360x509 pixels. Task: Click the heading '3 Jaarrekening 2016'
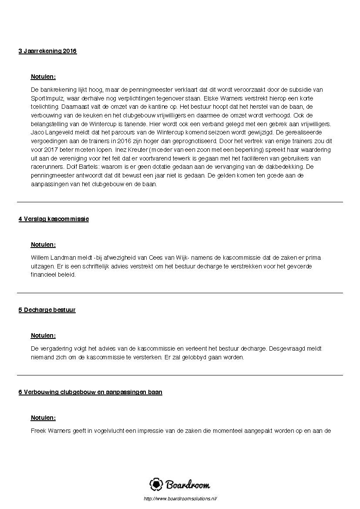pos(47,51)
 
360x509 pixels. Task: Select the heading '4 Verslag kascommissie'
pos(54,219)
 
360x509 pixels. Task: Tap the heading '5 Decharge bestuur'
pos(47,310)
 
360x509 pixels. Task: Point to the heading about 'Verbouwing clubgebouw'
pos(90,392)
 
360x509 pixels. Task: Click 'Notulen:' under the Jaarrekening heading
pos(43,77)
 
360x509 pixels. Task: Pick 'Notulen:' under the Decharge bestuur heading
pos(43,336)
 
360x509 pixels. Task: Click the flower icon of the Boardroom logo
pos(156,484)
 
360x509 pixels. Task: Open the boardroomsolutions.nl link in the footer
pos(180,499)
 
